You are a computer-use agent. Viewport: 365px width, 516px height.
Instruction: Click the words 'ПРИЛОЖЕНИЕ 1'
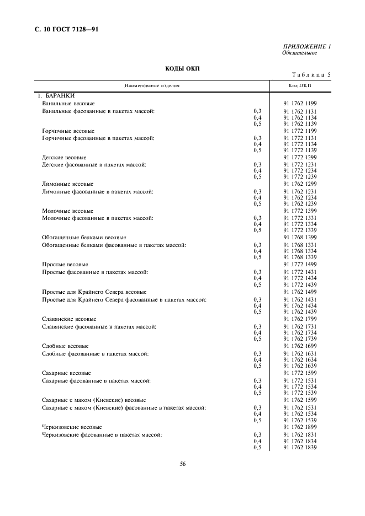pyautogui.click(x=307, y=47)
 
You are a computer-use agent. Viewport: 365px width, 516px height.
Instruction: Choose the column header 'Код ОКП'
pyautogui.click(x=300, y=85)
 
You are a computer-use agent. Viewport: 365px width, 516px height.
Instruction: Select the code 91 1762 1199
pyautogui.click(x=300, y=103)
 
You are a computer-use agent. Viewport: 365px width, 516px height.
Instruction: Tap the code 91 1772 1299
pyautogui.click(x=300, y=157)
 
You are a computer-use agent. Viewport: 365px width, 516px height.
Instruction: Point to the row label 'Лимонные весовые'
pyautogui.click(x=68, y=184)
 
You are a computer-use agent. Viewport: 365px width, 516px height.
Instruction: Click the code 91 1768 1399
pyautogui.click(x=300, y=238)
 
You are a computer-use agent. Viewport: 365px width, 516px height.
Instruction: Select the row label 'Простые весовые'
pyautogui.click(x=65, y=265)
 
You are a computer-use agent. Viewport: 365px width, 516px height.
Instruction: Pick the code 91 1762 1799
pyautogui.click(x=300, y=319)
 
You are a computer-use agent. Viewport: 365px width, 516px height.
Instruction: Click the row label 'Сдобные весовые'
pyautogui.click(x=65, y=346)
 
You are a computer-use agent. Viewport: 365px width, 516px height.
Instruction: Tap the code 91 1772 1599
pyautogui.click(x=300, y=373)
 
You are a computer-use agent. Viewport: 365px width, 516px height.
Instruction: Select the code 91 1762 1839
pyautogui.click(x=300, y=448)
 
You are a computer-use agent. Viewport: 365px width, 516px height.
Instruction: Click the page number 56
pyautogui.click(x=183, y=464)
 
